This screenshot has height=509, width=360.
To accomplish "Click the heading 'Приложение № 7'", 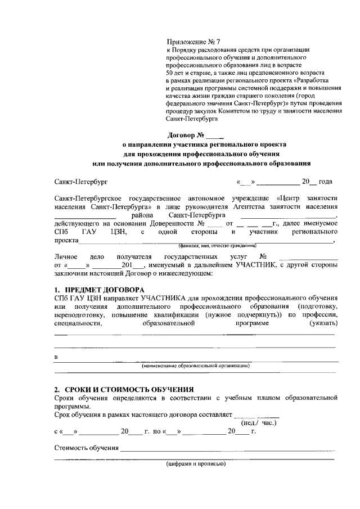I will tap(191, 42).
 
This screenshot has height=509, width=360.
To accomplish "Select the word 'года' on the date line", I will tap(325, 182).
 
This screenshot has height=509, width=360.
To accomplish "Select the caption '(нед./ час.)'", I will tap(259, 423).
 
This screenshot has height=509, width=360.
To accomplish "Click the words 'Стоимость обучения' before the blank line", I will tap(87, 448).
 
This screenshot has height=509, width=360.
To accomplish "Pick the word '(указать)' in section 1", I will tap(323, 323).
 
